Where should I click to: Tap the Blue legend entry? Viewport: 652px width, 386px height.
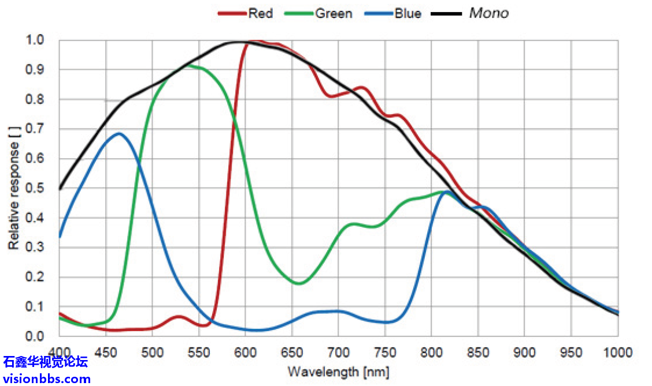[x=407, y=13]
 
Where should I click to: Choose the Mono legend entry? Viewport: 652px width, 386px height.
[x=488, y=13]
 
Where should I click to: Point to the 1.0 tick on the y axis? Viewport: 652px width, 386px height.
[x=35, y=40]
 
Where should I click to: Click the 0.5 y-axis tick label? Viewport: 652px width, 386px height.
[x=35, y=188]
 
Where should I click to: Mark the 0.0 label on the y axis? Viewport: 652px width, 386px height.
[x=35, y=336]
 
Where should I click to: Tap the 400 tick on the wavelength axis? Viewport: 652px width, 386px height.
[x=59, y=352]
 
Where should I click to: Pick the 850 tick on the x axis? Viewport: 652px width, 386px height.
[x=477, y=352]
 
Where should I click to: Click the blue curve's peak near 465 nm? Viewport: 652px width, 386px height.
[x=119, y=133]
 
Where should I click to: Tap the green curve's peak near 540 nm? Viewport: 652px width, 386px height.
[x=186, y=65]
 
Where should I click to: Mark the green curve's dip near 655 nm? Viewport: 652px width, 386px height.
[x=299, y=283]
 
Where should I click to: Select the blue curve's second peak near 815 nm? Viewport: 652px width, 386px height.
[x=446, y=192]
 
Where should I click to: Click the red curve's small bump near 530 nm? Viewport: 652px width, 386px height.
[x=179, y=317]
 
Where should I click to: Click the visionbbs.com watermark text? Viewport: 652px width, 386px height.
[x=46, y=379]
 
